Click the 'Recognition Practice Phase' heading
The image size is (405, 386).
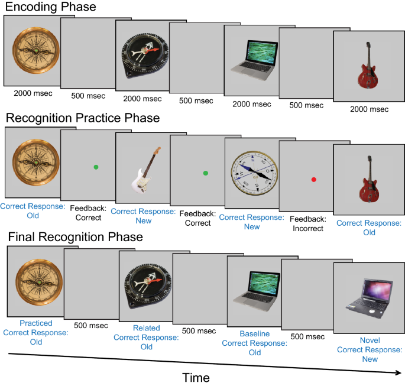click(83, 118)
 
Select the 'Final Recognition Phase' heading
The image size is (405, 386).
click(75, 237)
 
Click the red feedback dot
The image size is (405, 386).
click(315, 179)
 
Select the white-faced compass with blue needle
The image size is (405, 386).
click(254, 172)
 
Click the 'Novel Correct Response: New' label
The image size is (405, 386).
click(370, 349)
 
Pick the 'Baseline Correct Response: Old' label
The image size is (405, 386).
click(254, 343)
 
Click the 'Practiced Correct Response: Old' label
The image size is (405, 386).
click(36, 332)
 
